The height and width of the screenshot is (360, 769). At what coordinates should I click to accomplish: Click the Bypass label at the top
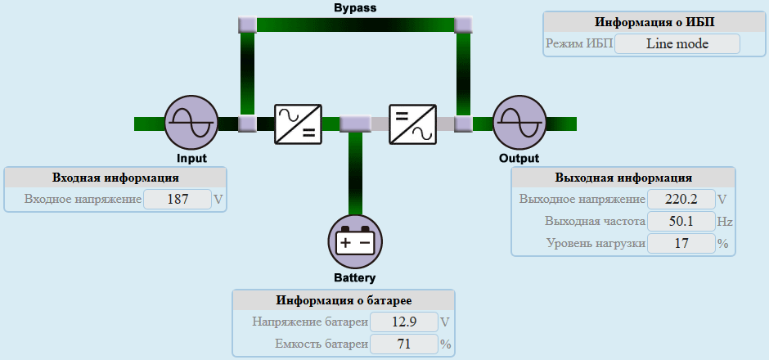(355, 8)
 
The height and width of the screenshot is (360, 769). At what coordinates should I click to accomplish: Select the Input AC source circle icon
(190, 124)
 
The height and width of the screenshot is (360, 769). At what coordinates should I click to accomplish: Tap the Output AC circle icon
(518, 124)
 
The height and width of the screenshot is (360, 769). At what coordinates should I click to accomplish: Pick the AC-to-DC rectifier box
(297, 124)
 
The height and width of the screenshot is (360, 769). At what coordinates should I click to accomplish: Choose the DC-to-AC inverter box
(411, 124)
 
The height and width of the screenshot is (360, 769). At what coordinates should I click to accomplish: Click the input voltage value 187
(177, 199)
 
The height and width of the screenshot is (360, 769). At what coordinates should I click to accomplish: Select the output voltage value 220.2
(681, 199)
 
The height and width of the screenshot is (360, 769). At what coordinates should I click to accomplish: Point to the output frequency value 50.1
(681, 221)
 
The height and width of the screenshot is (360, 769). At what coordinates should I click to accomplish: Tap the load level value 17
(681, 243)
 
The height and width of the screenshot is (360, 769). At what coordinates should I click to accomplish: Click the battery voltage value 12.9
(403, 322)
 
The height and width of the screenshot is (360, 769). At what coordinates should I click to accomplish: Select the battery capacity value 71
(403, 344)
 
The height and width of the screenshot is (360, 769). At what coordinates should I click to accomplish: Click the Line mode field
(677, 44)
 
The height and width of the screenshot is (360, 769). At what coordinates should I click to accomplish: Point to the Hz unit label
(725, 221)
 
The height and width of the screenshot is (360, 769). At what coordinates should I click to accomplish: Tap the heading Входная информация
(115, 178)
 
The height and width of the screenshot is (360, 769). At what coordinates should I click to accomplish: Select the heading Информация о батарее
(344, 300)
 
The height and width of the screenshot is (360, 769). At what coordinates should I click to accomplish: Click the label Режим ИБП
(578, 44)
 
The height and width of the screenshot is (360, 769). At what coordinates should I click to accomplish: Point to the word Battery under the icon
(355, 277)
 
